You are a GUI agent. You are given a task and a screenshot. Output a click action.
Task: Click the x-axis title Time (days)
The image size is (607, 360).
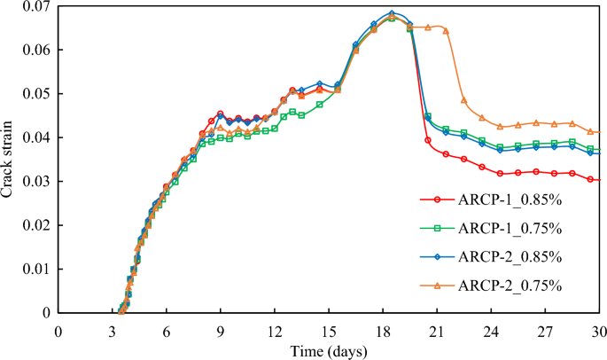[330, 351]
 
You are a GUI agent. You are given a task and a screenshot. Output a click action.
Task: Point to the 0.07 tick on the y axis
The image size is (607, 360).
[36, 6]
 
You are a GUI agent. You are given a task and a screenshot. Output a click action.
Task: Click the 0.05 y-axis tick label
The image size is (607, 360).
[36, 94]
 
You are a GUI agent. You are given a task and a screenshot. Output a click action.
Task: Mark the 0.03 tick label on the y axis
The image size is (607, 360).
[36, 182]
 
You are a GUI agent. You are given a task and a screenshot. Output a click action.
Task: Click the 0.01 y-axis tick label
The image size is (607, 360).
[36, 270]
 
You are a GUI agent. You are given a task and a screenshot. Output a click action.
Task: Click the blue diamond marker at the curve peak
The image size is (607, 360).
[392, 13]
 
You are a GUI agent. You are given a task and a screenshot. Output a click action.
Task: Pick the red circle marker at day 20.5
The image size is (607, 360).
[428, 140]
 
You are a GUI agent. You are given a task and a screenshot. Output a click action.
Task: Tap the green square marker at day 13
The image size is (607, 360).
[292, 112]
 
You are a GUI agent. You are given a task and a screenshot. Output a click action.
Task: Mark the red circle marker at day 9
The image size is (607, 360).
[221, 114]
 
